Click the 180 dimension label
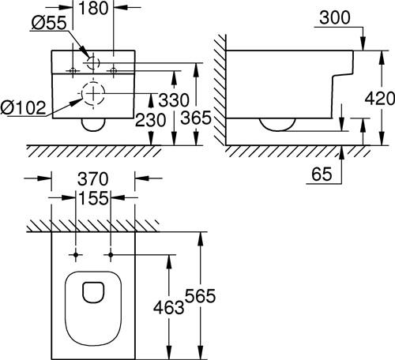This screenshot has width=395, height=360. pos(93,8)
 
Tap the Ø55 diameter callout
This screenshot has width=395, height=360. pos(49,23)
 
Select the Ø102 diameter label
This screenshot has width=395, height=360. pos(23,107)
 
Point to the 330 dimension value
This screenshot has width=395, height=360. pos(174,100)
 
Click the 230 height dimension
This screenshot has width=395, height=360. pos(150,120)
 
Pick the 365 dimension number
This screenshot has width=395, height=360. pos(196,118)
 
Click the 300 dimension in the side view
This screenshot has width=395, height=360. pos(335,18)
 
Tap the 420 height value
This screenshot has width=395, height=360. pos(380,99)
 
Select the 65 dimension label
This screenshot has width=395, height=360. pos(322,174)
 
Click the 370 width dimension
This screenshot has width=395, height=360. pos(93,179)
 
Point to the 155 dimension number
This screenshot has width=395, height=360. pos(93,198)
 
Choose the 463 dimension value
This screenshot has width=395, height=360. pos(169,307)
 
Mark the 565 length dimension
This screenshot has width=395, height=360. pos(200,296)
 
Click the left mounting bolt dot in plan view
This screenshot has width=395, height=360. pos(76,255)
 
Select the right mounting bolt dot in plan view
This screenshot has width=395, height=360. pos(111,255)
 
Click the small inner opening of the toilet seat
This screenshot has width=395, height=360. pos(93,292)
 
